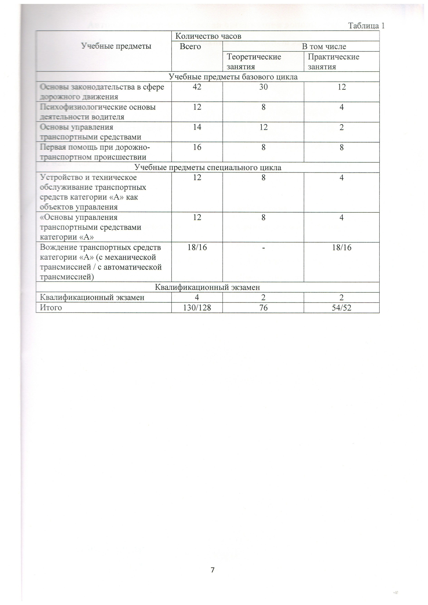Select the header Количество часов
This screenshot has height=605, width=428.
[x=208, y=36]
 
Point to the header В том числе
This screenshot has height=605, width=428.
[x=324, y=47]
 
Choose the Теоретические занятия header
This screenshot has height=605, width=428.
[x=254, y=61]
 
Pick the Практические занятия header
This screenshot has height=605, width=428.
[x=333, y=61]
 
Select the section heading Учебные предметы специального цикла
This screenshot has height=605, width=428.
[x=208, y=167]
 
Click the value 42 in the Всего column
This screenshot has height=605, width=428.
[x=197, y=87]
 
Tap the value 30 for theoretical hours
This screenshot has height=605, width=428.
[x=263, y=87]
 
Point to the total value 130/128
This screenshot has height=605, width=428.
[x=197, y=308]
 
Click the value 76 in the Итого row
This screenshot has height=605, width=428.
[x=263, y=308]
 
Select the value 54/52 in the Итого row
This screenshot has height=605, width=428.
[x=342, y=308]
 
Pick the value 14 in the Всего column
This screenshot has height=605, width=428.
[x=197, y=127]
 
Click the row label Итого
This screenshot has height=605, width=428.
[x=51, y=308]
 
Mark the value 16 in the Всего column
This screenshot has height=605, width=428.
[x=197, y=147]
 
